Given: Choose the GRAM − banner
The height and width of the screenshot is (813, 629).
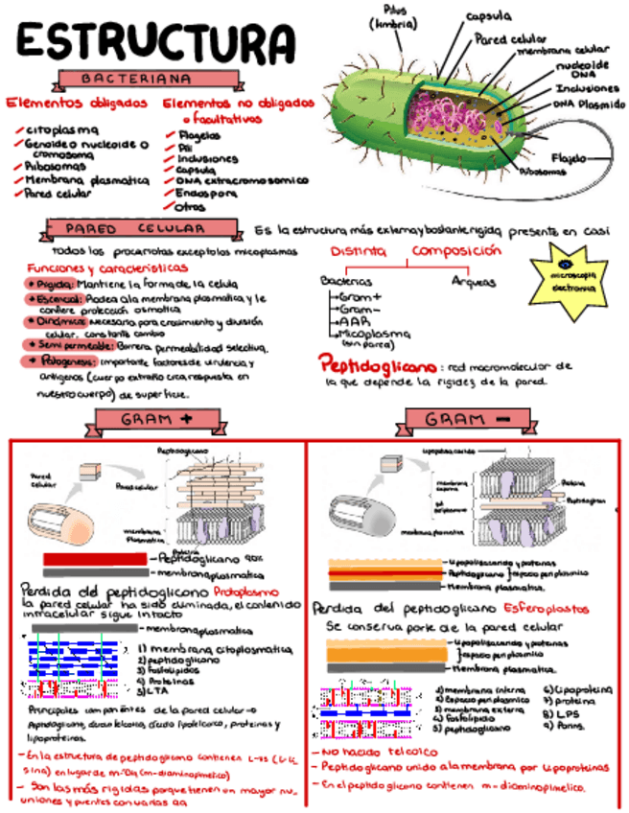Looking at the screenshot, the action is [x=466, y=420].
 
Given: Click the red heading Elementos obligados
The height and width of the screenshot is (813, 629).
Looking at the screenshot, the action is [x=78, y=103].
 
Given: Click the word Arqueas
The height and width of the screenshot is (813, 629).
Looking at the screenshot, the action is [x=474, y=281].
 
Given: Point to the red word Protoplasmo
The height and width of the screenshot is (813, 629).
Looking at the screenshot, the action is [x=246, y=592].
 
